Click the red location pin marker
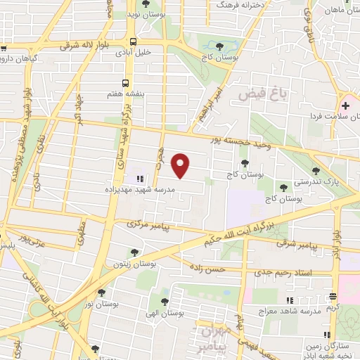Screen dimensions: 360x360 (181, 164)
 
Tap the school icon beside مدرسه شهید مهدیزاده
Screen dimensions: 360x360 (139, 178)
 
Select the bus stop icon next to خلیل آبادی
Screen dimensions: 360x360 (133, 41)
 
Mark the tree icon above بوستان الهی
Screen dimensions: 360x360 (164, 301)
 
